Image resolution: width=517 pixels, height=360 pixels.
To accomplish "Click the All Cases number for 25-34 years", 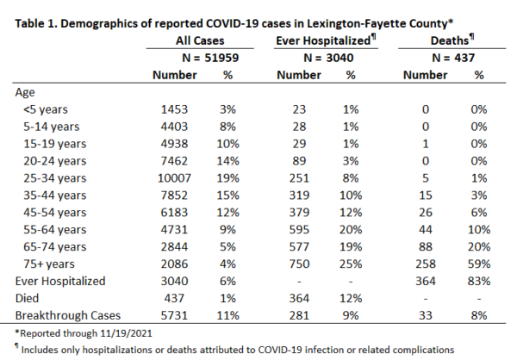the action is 174,178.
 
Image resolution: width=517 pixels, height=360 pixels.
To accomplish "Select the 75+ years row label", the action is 49,264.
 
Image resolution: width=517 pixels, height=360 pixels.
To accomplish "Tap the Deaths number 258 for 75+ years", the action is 426,264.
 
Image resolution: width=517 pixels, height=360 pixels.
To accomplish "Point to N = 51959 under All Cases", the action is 210,58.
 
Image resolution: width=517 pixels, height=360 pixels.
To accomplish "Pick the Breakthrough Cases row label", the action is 68,315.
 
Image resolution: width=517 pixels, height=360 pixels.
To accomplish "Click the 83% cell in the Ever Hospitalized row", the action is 479,282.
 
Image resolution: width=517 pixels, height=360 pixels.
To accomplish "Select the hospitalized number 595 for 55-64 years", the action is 299,230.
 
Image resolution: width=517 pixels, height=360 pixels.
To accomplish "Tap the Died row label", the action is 27,298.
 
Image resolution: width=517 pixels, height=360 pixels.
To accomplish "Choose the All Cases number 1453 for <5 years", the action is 174,109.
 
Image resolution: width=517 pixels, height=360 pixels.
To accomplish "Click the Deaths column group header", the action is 452,40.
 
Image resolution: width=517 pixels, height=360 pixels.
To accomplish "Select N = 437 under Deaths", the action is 453,58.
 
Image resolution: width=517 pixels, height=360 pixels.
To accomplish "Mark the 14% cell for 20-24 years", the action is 227,161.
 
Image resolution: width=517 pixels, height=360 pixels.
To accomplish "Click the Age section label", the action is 25,93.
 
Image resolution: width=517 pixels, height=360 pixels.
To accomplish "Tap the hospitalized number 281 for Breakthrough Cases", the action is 299,315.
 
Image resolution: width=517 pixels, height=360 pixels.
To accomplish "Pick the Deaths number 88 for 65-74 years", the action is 426,246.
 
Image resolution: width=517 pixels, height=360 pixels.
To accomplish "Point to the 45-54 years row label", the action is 55,213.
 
